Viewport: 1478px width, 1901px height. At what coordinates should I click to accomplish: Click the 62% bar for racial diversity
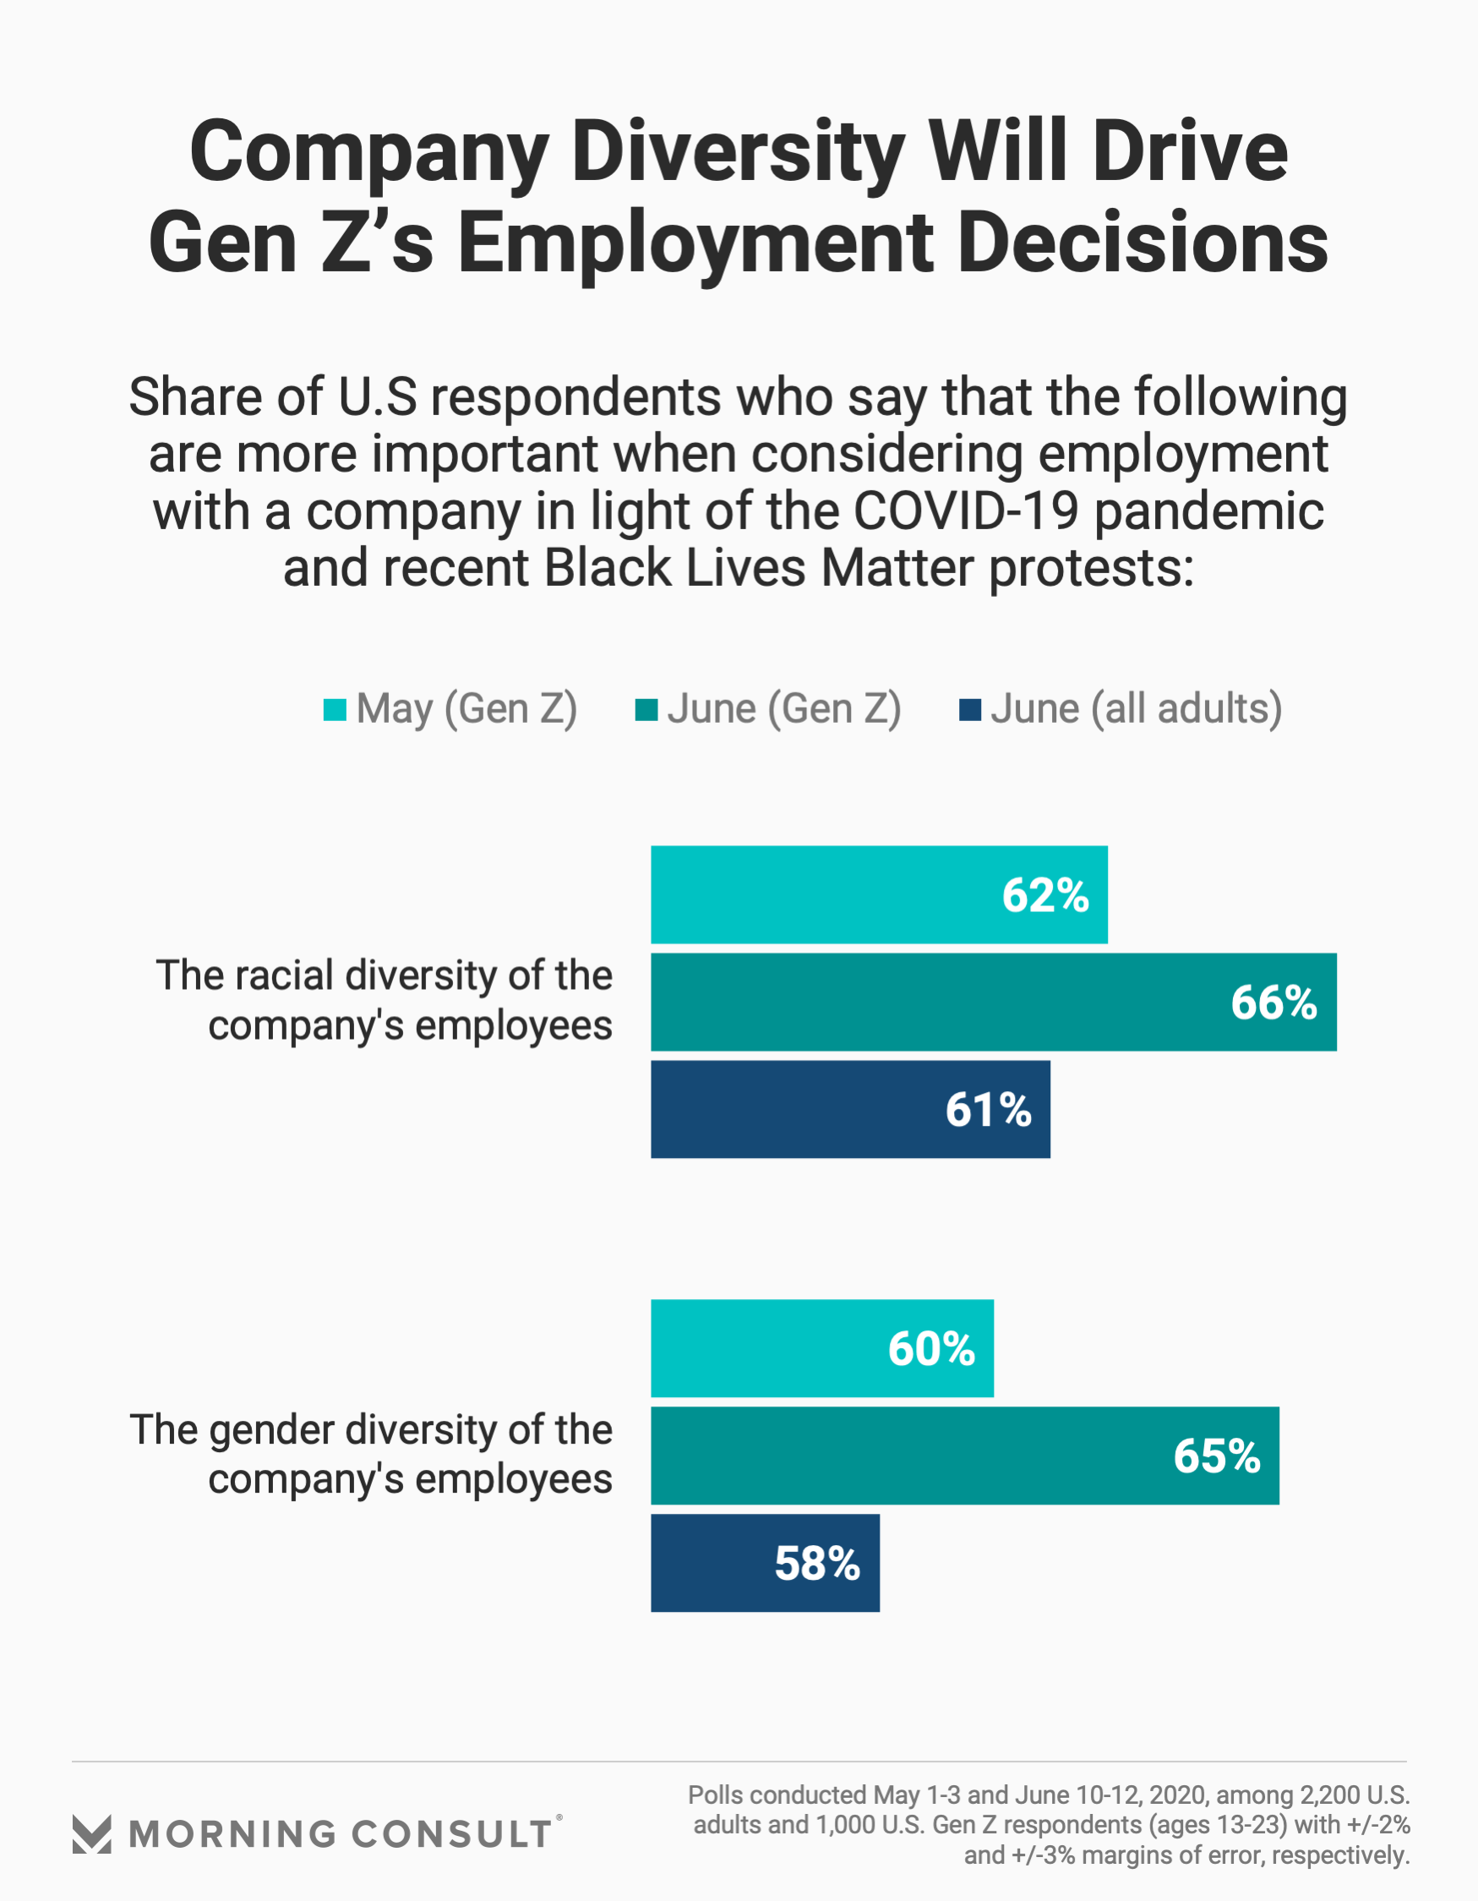[x=879, y=894]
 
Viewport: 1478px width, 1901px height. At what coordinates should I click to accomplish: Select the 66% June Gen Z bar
[x=993, y=1002]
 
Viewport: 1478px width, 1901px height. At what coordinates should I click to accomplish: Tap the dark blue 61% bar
[x=850, y=1109]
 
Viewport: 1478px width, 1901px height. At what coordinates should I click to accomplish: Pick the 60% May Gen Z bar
[x=821, y=1348]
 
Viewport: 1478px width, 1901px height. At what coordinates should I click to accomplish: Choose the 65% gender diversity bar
[x=964, y=1456]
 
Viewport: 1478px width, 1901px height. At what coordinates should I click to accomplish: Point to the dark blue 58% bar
[x=765, y=1562]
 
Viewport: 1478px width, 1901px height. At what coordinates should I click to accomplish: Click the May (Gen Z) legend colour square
[x=335, y=709]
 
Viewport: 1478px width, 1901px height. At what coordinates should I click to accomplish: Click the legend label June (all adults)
[x=1136, y=708]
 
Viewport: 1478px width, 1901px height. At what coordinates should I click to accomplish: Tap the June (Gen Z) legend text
[x=784, y=708]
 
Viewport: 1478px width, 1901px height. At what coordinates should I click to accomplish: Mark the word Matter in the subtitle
[x=897, y=567]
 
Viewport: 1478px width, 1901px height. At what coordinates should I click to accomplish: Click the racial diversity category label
[x=384, y=1000]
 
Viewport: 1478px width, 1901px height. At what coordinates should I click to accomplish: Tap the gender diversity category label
[x=371, y=1455]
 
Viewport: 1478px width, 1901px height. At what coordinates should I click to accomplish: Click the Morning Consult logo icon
[x=91, y=1835]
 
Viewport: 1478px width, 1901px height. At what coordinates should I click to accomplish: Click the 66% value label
[x=1273, y=1002]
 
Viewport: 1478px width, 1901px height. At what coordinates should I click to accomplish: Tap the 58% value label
[x=816, y=1562]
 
